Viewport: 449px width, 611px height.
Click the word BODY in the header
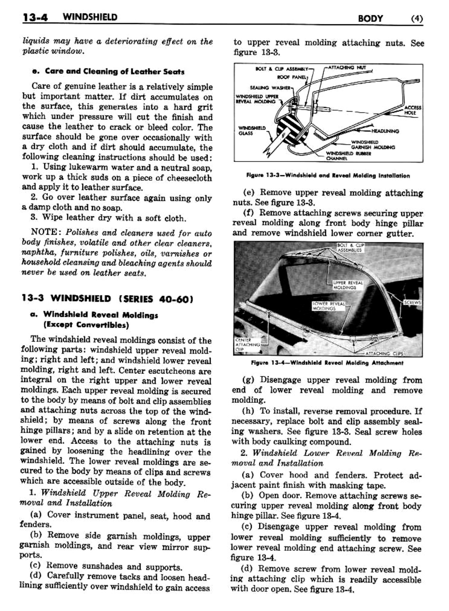(371, 18)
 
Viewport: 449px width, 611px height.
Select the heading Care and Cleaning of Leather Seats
(108, 71)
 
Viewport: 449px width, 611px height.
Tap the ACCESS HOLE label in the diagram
(413, 110)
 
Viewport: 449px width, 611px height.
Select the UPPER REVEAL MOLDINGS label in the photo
(348, 285)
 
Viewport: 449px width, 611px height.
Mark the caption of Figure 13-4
(327, 363)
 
